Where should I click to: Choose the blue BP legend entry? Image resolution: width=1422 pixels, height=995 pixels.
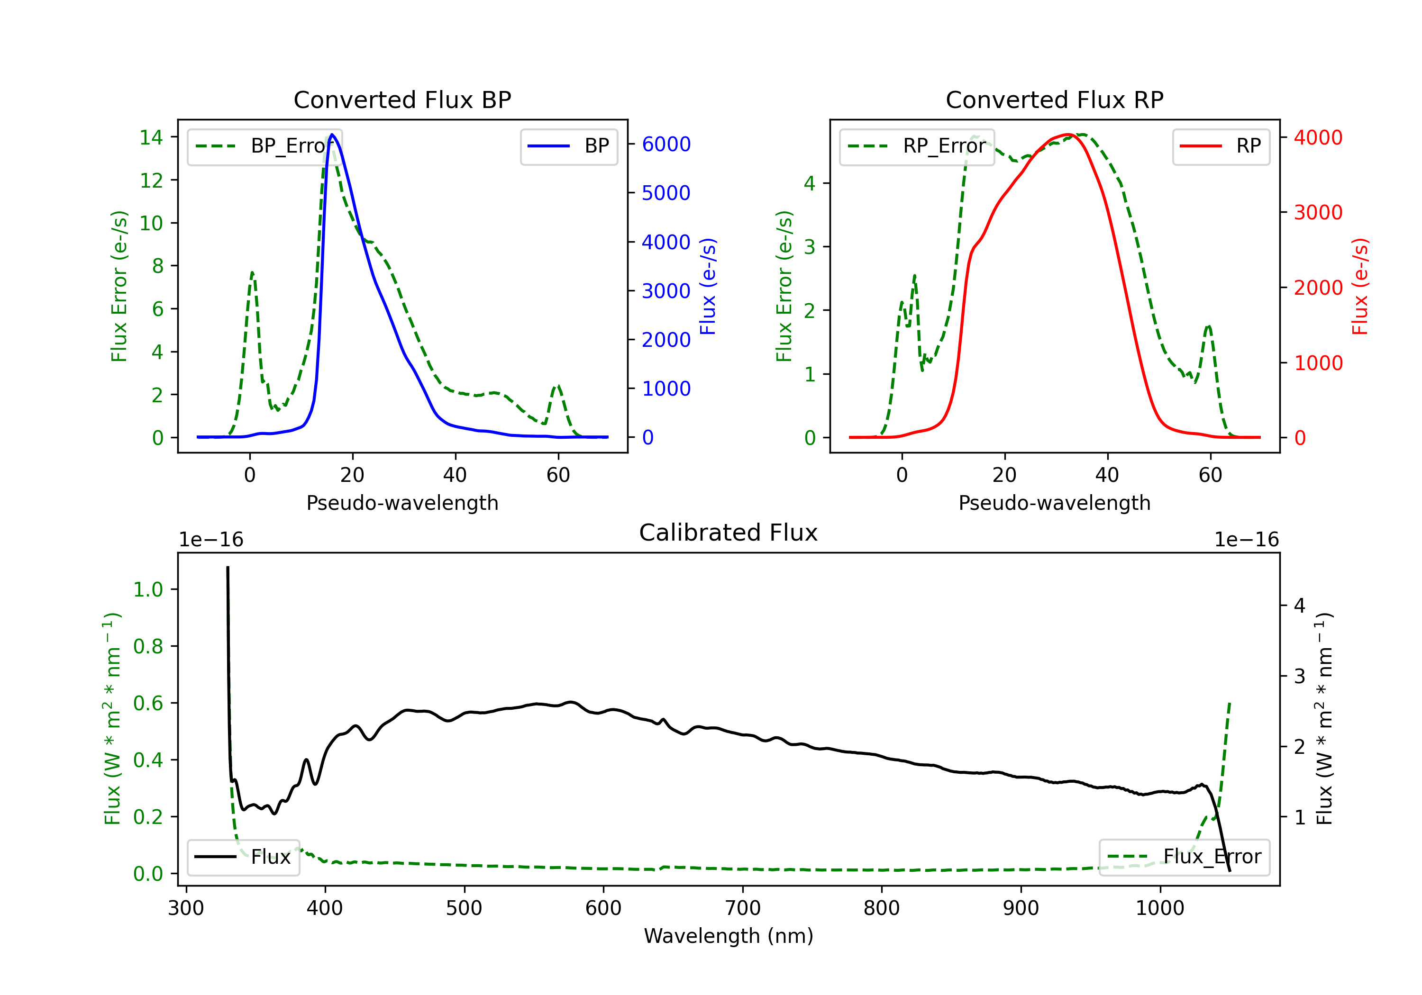coord(568,146)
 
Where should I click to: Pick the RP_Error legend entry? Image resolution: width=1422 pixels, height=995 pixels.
coord(917,146)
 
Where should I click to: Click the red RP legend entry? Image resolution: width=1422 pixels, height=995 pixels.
coord(1221,146)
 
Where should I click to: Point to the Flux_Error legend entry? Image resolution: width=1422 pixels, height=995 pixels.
coord(1184,857)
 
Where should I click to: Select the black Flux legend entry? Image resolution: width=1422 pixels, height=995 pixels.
coord(243,857)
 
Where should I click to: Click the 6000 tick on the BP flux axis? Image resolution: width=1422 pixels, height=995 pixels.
coord(666,144)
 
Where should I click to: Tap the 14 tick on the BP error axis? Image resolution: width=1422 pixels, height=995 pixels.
coord(151,137)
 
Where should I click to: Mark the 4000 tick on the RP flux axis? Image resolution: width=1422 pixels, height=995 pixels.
coord(1318,137)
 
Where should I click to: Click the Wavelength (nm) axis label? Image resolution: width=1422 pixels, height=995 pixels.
coord(729,936)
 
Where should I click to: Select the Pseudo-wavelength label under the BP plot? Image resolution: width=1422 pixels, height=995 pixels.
coord(402,503)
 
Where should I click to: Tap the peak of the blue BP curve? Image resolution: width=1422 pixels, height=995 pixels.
coord(333,135)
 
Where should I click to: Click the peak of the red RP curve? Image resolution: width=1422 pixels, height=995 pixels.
coord(1068,135)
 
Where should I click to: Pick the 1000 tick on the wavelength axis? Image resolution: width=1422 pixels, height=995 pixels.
coord(1159,908)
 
